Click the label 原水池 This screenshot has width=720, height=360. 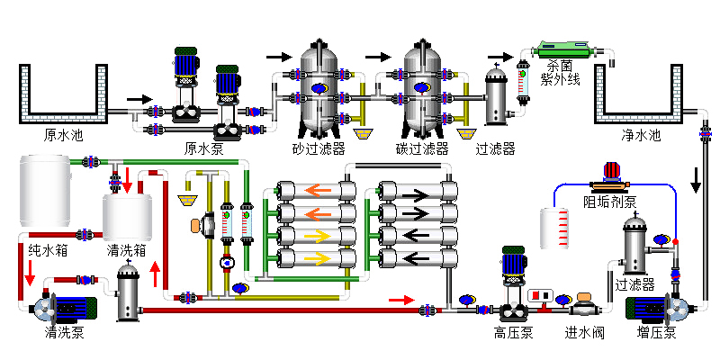click(x=63, y=136)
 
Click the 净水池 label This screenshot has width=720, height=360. click(x=641, y=136)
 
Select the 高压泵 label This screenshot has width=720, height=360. click(x=513, y=332)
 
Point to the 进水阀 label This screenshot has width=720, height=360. click(x=584, y=332)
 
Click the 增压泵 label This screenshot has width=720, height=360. click(x=657, y=332)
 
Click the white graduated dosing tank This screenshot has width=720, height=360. click(x=555, y=229)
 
